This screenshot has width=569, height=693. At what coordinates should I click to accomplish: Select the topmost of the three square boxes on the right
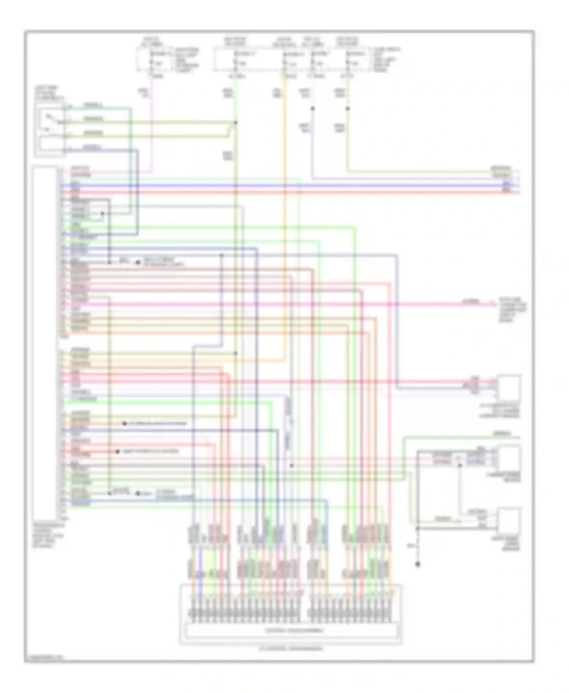509,387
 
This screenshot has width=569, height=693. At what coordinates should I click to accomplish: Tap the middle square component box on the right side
509,458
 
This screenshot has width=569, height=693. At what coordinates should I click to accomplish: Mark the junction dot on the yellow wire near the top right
347,109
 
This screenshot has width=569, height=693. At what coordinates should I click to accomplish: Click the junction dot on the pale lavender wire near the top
313,109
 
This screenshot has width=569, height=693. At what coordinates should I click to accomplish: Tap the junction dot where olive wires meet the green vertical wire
236,123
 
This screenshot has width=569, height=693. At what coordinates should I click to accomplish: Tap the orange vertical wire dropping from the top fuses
284,227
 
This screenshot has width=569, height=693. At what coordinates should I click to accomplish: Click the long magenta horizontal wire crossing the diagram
266,304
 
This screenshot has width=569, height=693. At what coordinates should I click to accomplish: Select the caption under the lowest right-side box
510,543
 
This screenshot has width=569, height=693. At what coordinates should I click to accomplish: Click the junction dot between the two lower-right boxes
459,465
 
